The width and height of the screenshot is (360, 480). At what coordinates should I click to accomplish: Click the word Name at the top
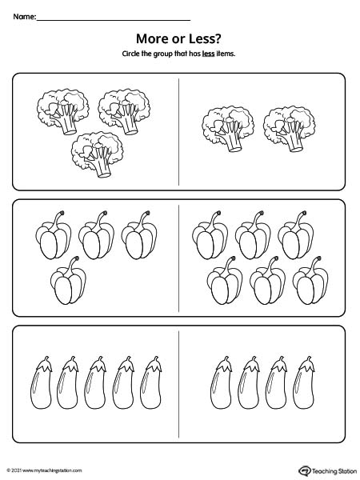[x=24, y=17]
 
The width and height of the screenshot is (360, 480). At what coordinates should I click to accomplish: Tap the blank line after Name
[x=114, y=20]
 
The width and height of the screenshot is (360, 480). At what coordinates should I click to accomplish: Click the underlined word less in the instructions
[x=208, y=54]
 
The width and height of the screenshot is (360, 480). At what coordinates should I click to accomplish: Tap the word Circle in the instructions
[x=130, y=54]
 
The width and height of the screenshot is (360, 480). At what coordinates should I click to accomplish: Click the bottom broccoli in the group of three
[x=98, y=154]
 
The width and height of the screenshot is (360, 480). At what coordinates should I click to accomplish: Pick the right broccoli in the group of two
[x=290, y=129]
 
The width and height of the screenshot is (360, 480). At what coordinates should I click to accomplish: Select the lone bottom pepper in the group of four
[x=68, y=281]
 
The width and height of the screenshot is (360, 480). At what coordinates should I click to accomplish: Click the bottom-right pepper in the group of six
[x=310, y=281]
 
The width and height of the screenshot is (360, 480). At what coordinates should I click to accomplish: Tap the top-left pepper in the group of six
[x=210, y=235]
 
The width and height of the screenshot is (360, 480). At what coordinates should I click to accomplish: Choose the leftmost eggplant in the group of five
[x=41, y=382]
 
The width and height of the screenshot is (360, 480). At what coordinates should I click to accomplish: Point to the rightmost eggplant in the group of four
[x=304, y=382]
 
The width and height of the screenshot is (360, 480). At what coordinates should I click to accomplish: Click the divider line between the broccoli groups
[x=178, y=132]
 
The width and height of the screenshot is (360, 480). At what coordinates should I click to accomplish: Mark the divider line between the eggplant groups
[x=178, y=384]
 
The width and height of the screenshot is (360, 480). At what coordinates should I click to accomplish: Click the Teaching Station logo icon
[x=305, y=470]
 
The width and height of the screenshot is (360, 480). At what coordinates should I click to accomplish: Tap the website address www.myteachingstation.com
[x=52, y=470]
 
